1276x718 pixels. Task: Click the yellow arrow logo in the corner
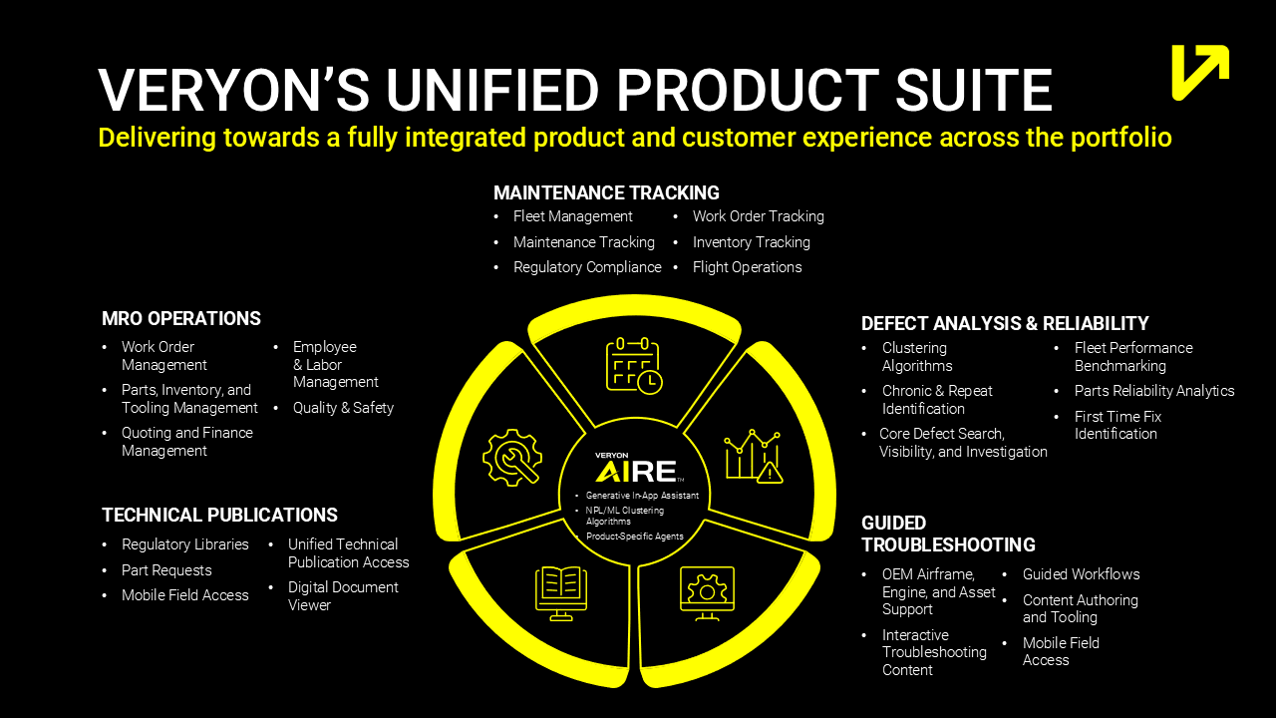click(1200, 72)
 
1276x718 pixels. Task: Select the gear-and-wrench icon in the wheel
click(511, 458)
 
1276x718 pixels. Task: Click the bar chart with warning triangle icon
click(754, 457)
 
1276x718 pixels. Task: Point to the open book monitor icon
click(561, 592)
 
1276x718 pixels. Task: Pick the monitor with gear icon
click(707, 592)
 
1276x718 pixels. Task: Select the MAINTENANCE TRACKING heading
click(606, 193)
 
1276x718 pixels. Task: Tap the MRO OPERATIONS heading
click(181, 319)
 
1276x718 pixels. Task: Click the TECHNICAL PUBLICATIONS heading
click(219, 516)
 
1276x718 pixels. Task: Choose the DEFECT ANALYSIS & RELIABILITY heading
click(1005, 324)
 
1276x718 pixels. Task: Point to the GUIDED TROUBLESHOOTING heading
click(948, 534)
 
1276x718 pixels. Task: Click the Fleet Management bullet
click(572, 216)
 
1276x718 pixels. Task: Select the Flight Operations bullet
click(747, 267)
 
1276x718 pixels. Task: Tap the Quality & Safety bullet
click(343, 408)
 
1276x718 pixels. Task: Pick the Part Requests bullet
click(166, 570)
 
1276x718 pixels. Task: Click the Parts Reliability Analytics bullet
click(1153, 391)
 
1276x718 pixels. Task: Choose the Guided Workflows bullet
click(1081, 574)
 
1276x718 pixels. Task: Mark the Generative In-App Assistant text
click(642, 496)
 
